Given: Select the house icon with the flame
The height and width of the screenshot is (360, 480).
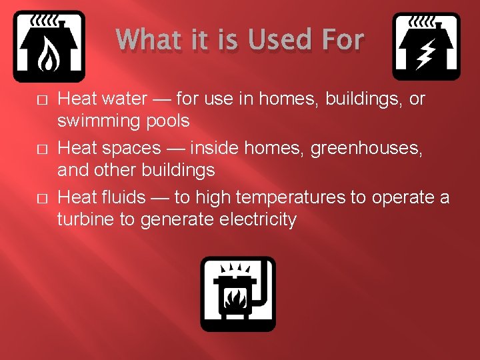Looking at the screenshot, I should click(49, 46).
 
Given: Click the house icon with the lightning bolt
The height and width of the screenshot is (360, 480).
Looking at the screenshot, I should click(425, 46).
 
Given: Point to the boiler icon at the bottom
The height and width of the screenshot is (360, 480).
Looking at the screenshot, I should click(238, 293).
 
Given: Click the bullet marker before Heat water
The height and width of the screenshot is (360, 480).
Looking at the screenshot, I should click(41, 100).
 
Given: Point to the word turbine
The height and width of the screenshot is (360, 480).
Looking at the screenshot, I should click(85, 219).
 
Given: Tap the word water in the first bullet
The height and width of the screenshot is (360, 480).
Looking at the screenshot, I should click(123, 99).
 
